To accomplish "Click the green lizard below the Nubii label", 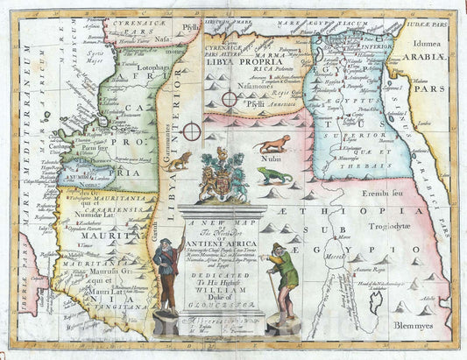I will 274,175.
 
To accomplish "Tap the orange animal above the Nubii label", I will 273,142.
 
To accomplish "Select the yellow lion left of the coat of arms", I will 180,160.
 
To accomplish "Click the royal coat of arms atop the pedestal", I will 222,175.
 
